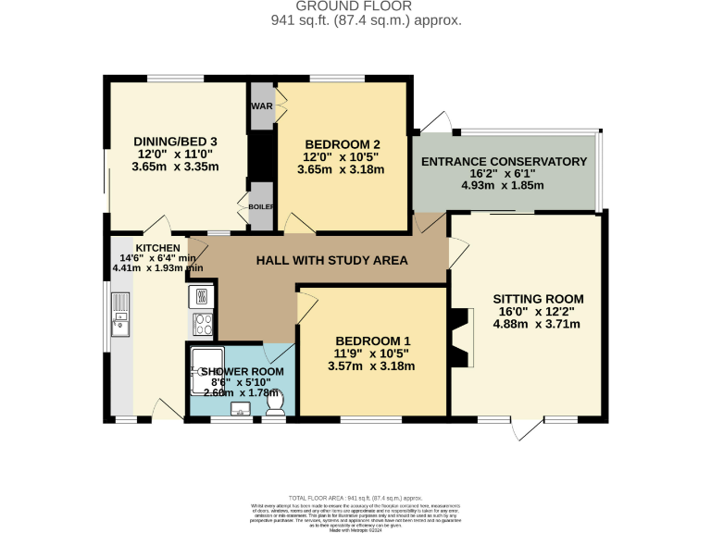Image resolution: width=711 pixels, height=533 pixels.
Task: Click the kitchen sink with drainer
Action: (121, 315)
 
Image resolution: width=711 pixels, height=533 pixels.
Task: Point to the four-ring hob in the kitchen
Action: (203, 324)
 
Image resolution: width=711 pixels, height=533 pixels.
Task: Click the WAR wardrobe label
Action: (260, 105)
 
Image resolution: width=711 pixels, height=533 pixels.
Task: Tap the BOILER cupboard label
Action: (260, 205)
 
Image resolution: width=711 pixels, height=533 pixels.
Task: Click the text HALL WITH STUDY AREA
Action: (331, 261)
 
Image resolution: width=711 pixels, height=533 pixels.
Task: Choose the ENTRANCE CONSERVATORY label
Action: (504, 162)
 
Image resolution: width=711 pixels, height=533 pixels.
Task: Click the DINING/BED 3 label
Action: (175, 141)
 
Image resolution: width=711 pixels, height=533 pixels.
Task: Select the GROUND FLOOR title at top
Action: (355, 6)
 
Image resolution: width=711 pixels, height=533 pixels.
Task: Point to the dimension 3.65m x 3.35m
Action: (175, 167)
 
